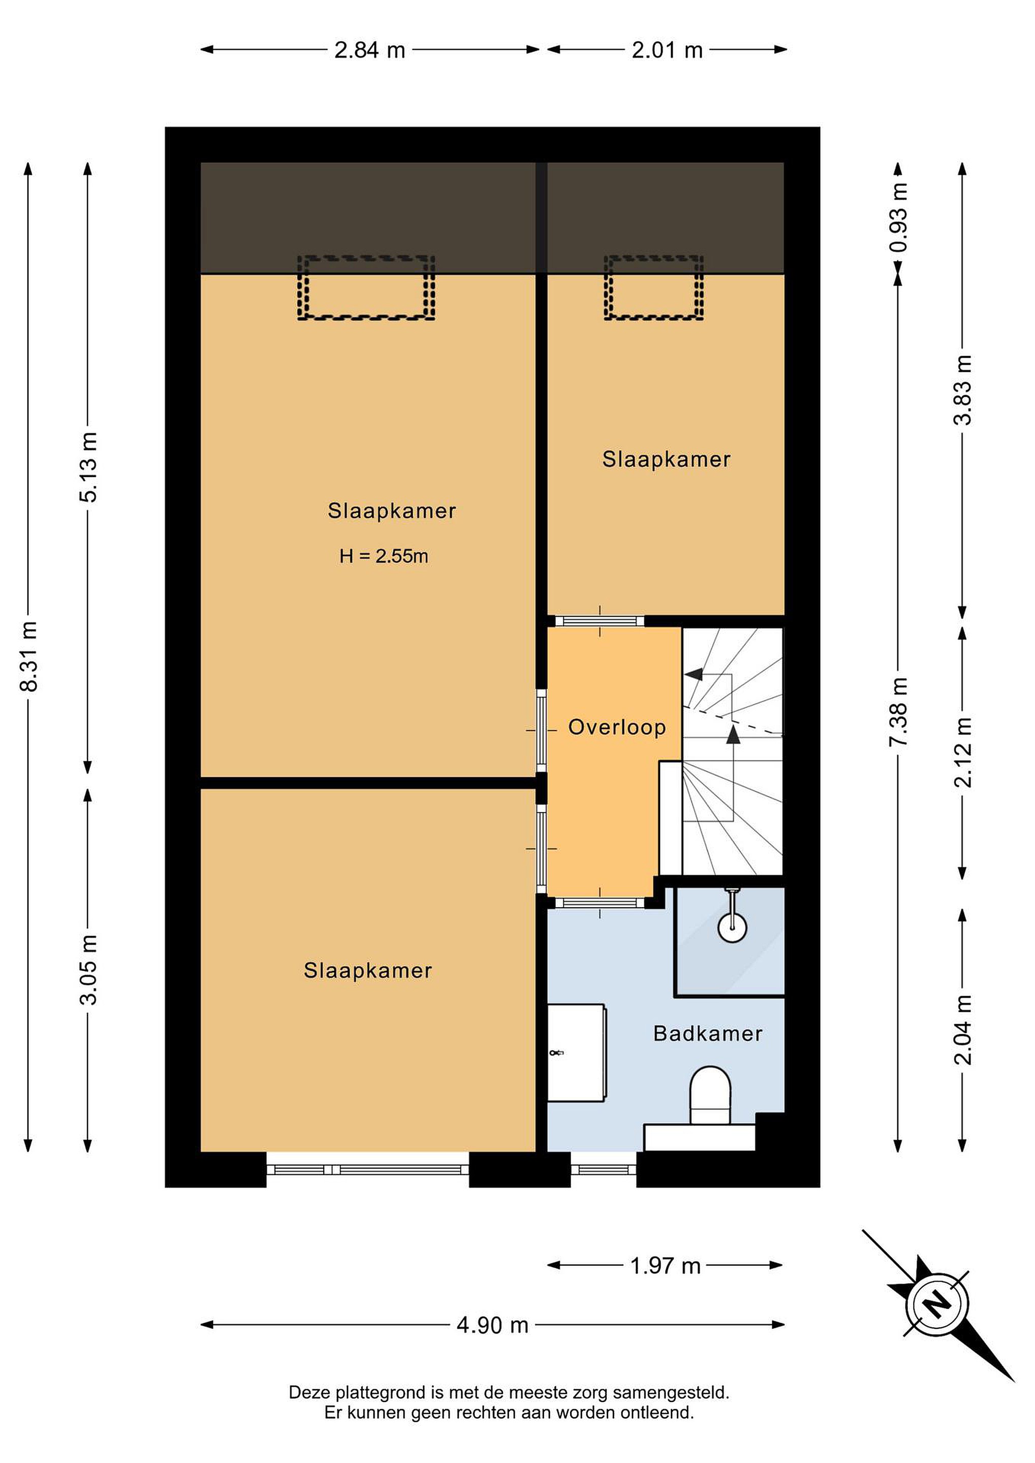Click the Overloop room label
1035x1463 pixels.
point(617,727)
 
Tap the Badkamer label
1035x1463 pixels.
point(708,1034)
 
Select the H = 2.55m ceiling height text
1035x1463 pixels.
point(384,556)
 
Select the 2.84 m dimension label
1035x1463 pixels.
point(370,50)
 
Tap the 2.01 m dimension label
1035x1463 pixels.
point(667,50)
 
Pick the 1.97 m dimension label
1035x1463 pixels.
point(666,1266)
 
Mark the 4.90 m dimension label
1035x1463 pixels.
point(493,1325)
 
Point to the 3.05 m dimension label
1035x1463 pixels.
point(88,970)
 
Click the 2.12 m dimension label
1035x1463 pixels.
point(963,752)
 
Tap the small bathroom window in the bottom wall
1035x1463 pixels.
point(604,1169)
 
